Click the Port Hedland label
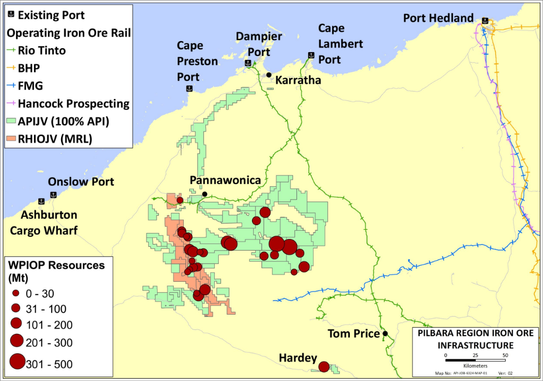click(439, 18)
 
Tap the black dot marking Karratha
click(269, 75)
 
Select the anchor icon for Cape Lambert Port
click(311, 55)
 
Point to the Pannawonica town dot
click(205, 194)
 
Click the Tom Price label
click(353, 334)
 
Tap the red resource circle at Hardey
click(324, 367)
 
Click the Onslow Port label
click(81, 182)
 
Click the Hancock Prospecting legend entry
click(68, 104)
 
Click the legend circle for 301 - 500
click(17, 362)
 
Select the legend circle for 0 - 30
click(16, 293)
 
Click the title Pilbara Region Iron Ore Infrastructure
click(476, 339)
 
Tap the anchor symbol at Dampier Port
click(248, 63)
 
